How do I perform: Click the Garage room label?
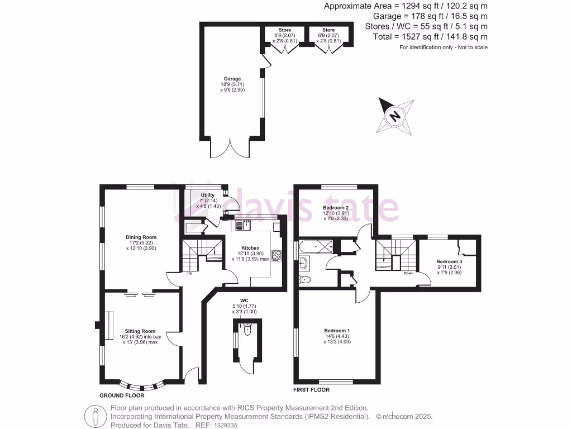pyautogui.click(x=232, y=79)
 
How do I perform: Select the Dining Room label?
pyautogui.click(x=141, y=237)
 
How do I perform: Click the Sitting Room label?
pyautogui.click(x=140, y=331)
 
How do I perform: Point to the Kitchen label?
pyautogui.click(x=250, y=247)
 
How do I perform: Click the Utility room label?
pyautogui.click(x=208, y=195)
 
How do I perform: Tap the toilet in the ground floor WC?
pyautogui.click(x=247, y=330)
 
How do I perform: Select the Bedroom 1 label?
pyautogui.click(x=337, y=331)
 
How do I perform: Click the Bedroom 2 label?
pyautogui.click(x=336, y=208)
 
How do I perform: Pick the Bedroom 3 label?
pyautogui.click(x=449, y=261)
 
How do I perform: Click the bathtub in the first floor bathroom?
pyautogui.click(x=316, y=246)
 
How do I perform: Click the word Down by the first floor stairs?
pyautogui.click(x=408, y=274)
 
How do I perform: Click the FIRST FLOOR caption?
pyautogui.click(x=312, y=390)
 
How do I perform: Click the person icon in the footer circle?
pyautogui.click(x=95, y=416)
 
